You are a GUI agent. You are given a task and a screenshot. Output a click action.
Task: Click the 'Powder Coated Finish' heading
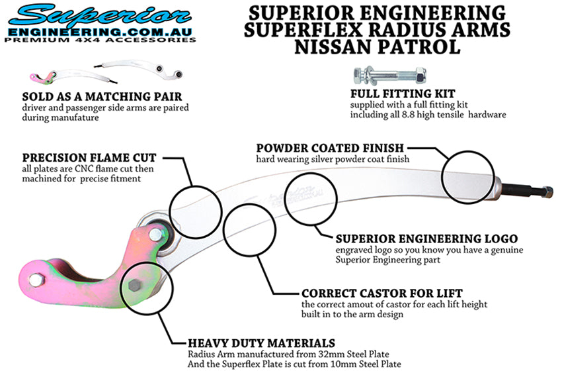pyautogui.click(x=331, y=148)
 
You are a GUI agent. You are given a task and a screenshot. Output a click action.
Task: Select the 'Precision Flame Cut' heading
pyautogui.click(x=89, y=158)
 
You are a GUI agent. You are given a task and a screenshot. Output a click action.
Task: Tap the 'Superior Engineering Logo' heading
pyautogui.click(x=426, y=238)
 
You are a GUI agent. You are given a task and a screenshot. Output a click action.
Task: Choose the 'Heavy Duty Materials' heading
pyautogui.click(x=261, y=343)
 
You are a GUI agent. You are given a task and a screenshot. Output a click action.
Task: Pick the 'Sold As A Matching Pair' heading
pyautogui.click(x=93, y=97)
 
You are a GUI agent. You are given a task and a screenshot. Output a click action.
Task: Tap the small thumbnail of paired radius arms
pyautogui.click(x=106, y=71)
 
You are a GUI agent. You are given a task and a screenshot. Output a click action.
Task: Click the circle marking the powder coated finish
pyautogui.click(x=467, y=176)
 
